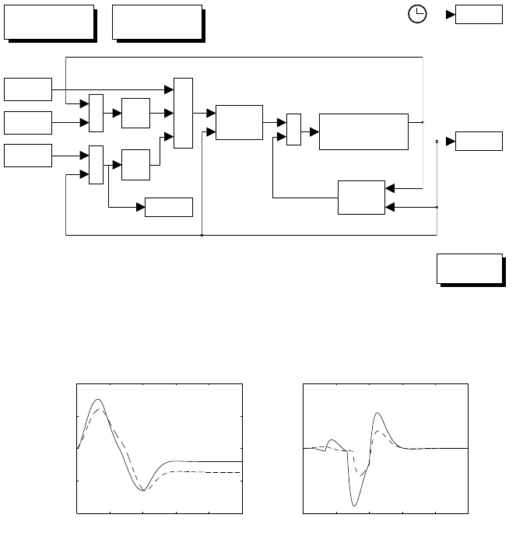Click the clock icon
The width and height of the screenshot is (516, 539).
click(416, 14)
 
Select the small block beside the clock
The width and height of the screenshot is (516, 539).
click(479, 14)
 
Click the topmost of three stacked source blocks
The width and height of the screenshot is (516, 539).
click(28, 89)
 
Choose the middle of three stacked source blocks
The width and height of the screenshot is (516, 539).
click(28, 122)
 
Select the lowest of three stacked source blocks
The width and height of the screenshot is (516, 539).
click(28, 155)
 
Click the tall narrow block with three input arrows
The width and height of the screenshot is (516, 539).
click(184, 113)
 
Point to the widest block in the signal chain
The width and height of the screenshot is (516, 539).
click(363, 131)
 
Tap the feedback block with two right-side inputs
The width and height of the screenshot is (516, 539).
click(361, 198)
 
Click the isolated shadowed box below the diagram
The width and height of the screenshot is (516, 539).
click(469, 268)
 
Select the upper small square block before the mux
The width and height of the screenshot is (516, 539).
click(135, 114)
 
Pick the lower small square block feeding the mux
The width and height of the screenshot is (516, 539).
click(135, 164)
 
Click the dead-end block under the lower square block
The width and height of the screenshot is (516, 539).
click(169, 208)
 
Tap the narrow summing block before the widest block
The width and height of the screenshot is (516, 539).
click(293, 129)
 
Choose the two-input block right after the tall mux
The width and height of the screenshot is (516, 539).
click(239, 122)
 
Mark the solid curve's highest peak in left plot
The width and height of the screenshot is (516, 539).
click(98, 400)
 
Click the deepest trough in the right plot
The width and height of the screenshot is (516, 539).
click(355, 506)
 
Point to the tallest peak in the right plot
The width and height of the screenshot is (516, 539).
click(377, 413)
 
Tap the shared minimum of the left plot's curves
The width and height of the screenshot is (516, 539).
click(143, 490)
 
